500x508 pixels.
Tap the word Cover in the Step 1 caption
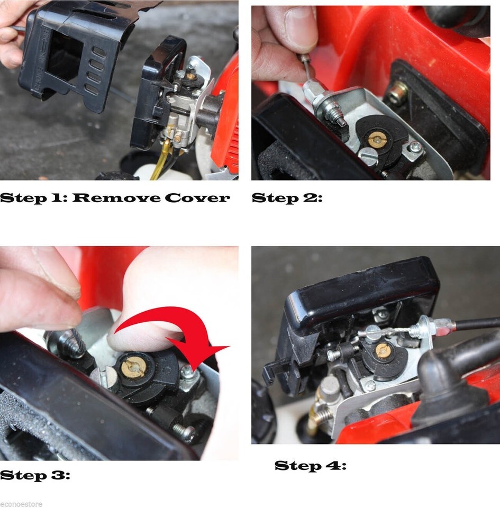coord(197,197)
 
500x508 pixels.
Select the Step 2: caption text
coord(287,198)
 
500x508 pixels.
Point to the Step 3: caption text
coord(35,476)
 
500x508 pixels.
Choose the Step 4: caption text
coord(310,466)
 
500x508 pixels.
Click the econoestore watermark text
coord(21,504)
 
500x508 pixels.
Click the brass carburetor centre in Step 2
coord(377,140)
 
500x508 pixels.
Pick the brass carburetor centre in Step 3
coord(133,367)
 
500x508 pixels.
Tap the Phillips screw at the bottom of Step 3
coord(184,432)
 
